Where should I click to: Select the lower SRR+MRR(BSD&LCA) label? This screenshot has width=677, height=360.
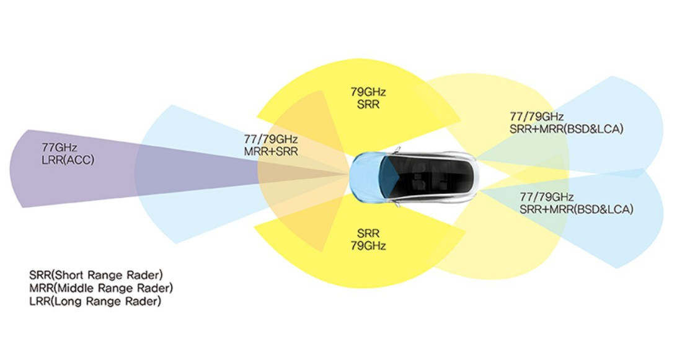click(x=577, y=209)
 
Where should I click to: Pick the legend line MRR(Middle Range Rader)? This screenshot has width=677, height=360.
click(x=101, y=288)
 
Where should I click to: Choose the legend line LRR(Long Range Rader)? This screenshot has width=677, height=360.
click(x=95, y=301)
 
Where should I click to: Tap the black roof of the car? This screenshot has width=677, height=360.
click(x=428, y=176)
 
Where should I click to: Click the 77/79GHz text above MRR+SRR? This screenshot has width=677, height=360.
click(x=271, y=139)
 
